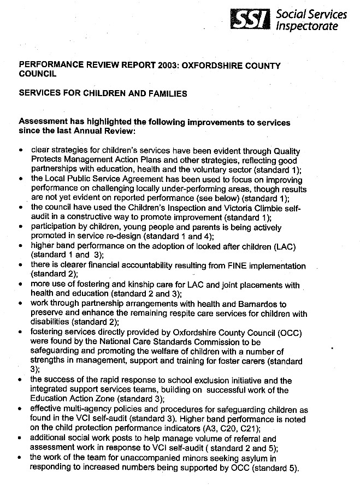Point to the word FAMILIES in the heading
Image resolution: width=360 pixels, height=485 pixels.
(x=164, y=93)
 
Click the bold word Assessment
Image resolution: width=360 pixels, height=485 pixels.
(x=43, y=122)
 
